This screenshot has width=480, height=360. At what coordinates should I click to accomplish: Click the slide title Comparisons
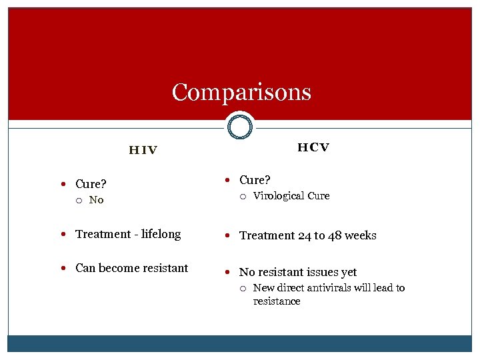pos(241,92)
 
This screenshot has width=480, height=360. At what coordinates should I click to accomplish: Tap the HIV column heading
pos(143,150)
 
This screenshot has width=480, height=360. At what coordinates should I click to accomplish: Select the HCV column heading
pos(313,147)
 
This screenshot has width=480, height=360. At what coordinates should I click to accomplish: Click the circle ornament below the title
pos(239,126)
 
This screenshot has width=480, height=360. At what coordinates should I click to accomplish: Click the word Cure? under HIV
pos(91,184)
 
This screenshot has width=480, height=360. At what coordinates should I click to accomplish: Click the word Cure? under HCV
pos(255,180)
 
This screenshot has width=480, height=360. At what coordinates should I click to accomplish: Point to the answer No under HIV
pos(97,200)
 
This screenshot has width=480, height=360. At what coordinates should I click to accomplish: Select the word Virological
pos(279,196)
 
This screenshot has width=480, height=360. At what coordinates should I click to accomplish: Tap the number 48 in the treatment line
pos(331,235)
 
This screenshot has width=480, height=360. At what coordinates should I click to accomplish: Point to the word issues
pos(317,272)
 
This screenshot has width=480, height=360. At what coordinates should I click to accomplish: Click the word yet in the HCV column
pos(348,272)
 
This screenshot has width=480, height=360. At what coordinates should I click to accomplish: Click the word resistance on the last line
pos(277,301)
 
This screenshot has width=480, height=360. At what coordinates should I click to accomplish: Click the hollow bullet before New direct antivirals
pos(244,289)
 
